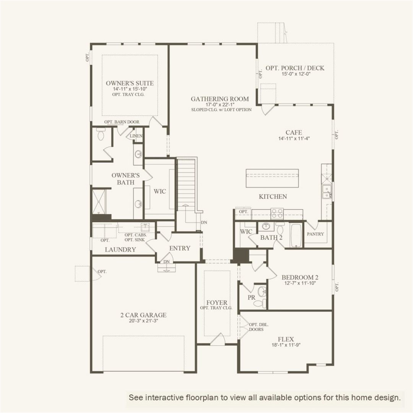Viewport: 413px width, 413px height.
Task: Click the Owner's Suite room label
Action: pos(130,83)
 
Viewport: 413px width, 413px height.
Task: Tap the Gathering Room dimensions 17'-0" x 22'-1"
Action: pos(220,104)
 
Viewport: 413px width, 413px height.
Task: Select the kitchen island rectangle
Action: pos(272,178)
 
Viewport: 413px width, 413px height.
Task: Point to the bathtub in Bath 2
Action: pos(296,235)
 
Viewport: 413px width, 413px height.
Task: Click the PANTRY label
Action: pos(315,234)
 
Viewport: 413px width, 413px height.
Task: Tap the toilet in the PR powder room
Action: pos(261,303)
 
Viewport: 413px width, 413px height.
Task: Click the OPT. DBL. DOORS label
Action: pos(259,327)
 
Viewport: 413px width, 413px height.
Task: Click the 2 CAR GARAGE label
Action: pos(143,315)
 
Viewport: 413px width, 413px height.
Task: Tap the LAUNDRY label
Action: pos(120,250)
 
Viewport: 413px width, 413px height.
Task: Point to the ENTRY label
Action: pos(179,248)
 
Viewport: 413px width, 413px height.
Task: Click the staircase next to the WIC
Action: pos(186,184)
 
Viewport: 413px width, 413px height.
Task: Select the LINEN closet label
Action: pos(137,136)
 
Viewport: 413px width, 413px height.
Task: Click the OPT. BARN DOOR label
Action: pos(122,122)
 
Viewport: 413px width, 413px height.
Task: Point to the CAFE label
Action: pos(294,132)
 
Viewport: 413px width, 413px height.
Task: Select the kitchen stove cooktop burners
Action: pos(277,213)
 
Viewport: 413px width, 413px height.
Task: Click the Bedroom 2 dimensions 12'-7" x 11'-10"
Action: pos(300,283)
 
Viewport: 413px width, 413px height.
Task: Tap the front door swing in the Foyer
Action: pos(218,340)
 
